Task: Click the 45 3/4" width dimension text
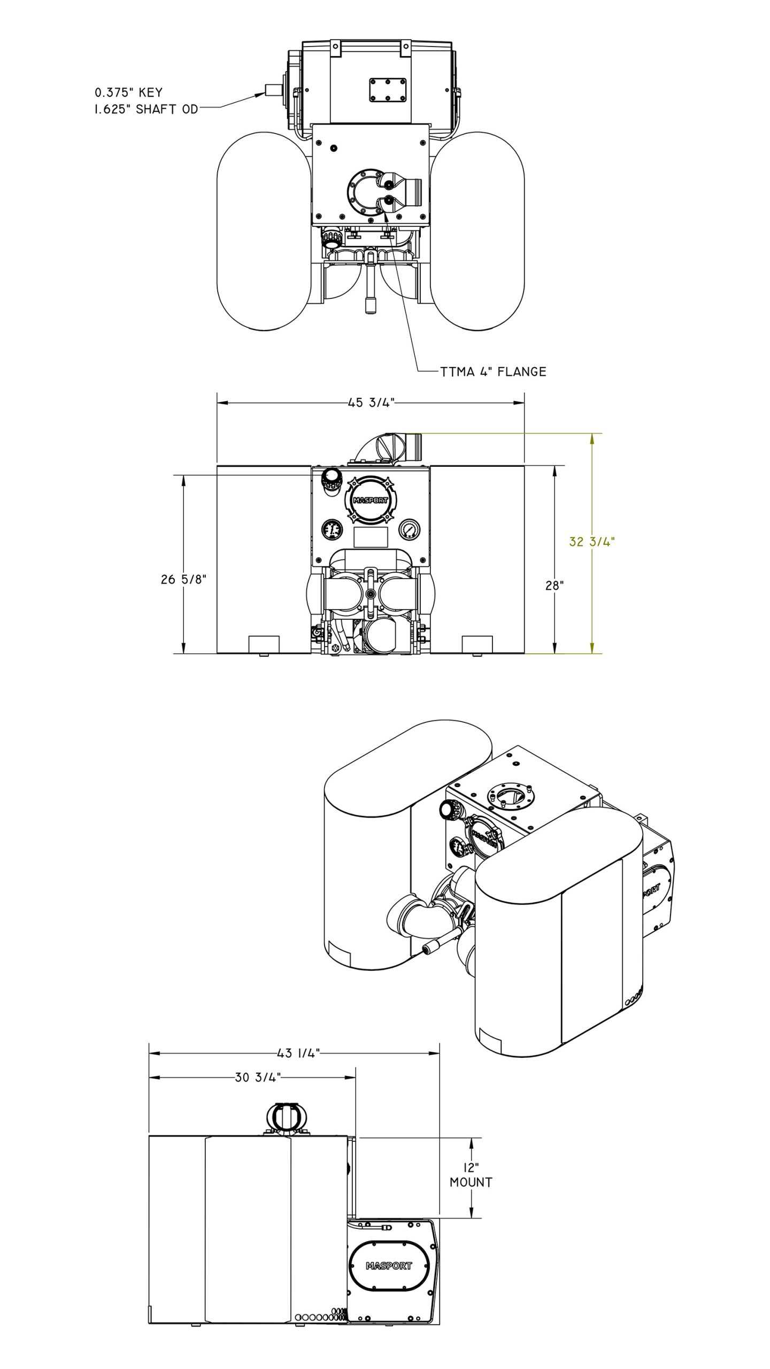371,403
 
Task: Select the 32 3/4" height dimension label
591,542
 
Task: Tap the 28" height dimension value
555,586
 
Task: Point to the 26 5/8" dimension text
183,579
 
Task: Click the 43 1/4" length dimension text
298,1053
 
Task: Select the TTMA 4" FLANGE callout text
493,372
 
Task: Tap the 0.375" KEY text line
128,93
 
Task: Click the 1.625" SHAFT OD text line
146,109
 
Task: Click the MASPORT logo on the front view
371,501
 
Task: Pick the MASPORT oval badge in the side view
389,1266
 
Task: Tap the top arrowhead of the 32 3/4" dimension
592,438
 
